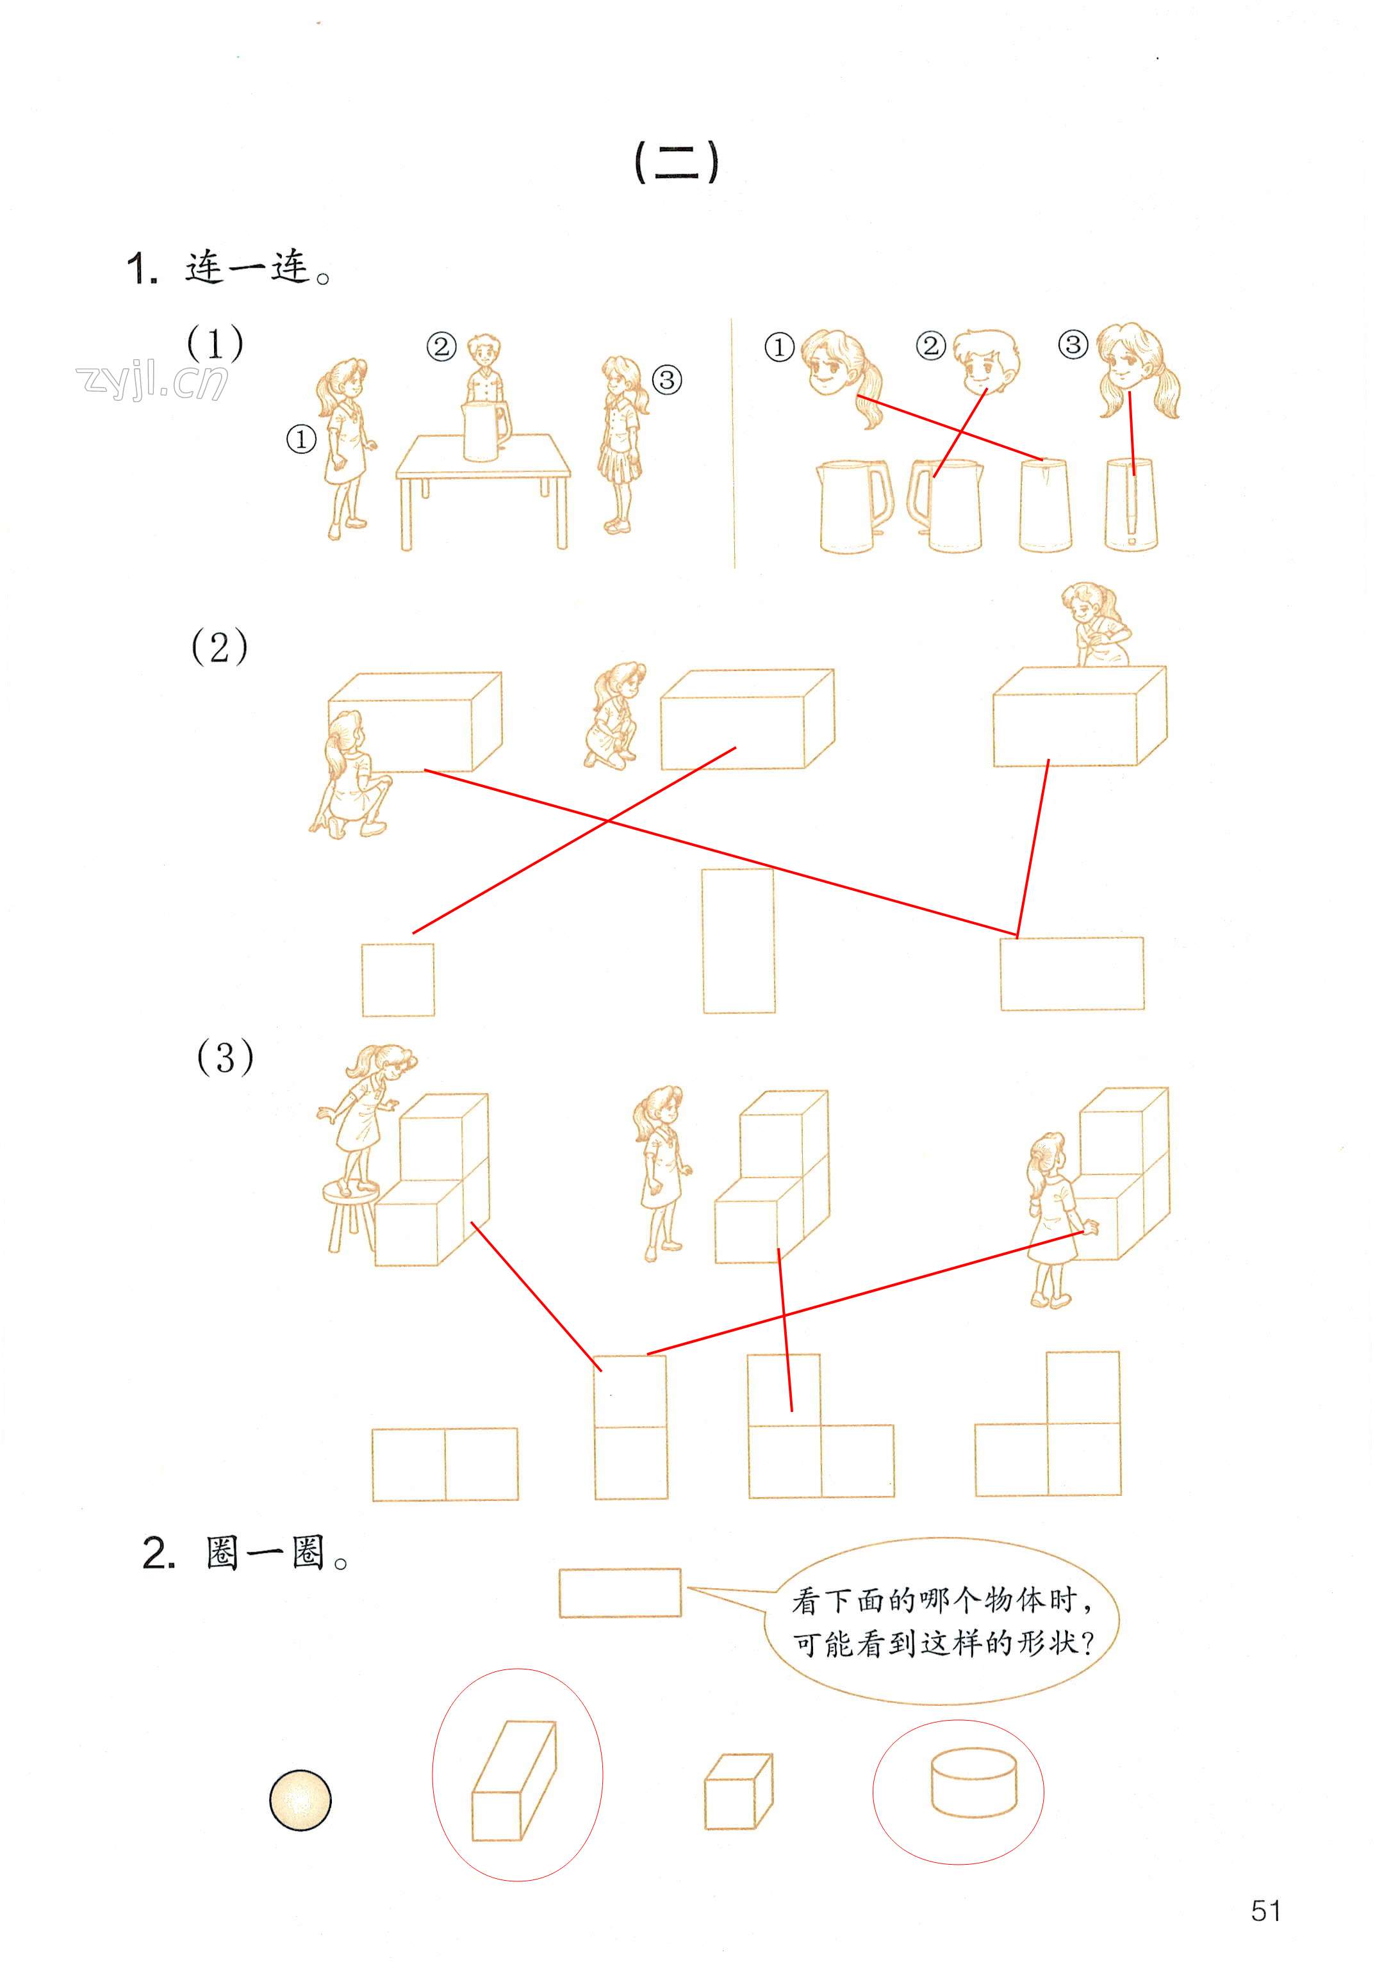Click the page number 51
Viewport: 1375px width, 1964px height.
click(1265, 1910)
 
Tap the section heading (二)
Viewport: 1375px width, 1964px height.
click(676, 163)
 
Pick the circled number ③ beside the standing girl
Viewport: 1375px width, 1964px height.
click(668, 379)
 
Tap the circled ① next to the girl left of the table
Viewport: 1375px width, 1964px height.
click(301, 440)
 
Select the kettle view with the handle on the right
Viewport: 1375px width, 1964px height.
click(853, 507)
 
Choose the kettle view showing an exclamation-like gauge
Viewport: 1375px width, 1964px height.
click(1130, 505)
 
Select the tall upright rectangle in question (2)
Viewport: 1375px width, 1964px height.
click(738, 941)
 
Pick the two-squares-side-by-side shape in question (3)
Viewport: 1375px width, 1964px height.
click(445, 1464)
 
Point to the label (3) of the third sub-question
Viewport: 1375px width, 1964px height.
click(225, 1058)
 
